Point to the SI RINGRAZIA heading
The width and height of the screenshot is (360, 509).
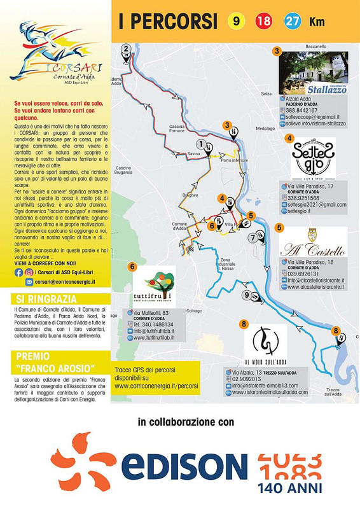[x=44, y=298]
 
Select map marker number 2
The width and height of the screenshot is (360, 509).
[x=127, y=48]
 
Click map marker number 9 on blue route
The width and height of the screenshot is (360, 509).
[x=247, y=295]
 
